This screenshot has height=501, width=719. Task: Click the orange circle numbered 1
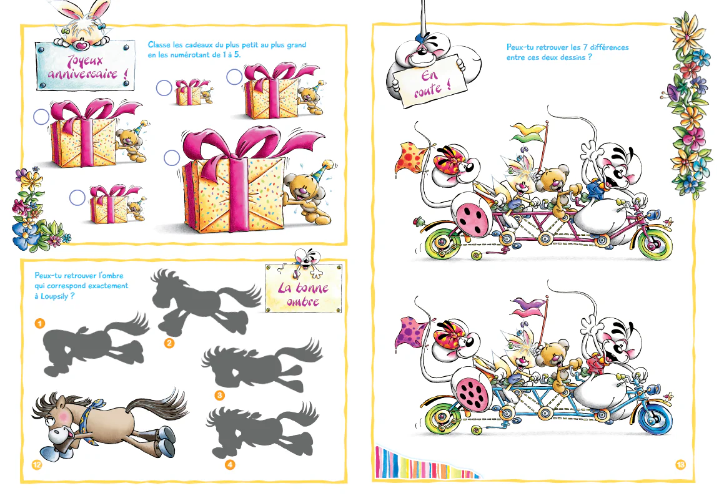[x=40, y=324]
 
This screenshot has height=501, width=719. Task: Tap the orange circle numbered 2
[x=169, y=343]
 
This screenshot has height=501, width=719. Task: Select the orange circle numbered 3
[x=220, y=395]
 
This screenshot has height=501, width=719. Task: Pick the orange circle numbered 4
[x=230, y=465]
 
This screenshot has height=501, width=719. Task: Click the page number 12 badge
[x=37, y=465]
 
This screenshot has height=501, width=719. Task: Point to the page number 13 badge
[x=680, y=465]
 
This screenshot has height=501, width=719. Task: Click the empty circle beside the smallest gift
[x=164, y=88]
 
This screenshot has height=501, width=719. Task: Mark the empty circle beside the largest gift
[x=172, y=158]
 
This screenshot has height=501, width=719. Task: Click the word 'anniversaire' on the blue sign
[x=87, y=74]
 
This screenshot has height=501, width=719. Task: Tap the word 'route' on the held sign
[x=432, y=90]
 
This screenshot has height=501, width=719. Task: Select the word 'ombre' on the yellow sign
[x=304, y=301]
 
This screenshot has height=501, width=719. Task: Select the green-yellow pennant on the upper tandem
[x=528, y=132]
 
